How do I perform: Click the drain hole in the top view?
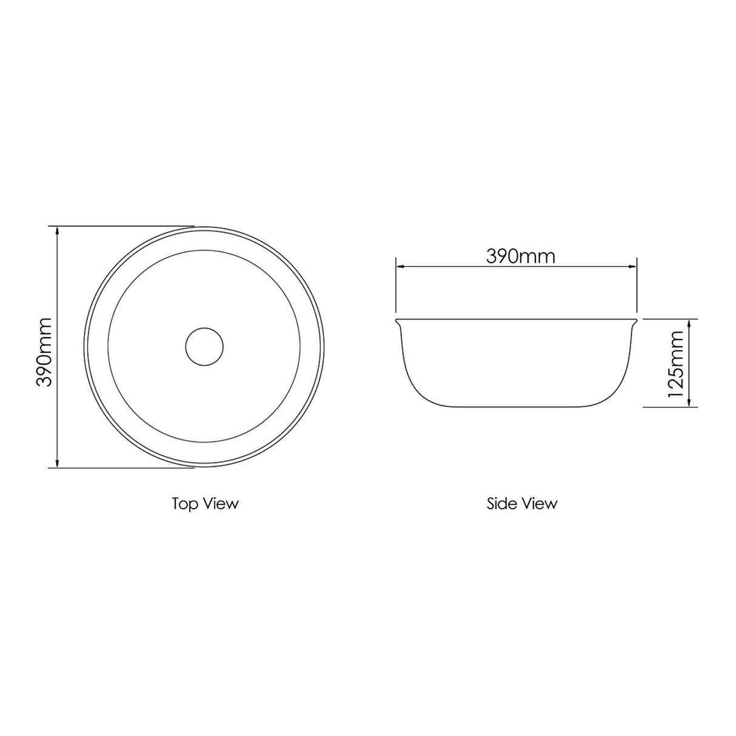point(204,347)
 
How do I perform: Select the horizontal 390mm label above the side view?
point(520,256)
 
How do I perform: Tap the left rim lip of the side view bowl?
point(399,321)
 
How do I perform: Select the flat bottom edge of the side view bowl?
point(517,406)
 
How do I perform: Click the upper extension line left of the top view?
point(121,226)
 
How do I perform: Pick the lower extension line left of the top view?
point(121,467)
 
